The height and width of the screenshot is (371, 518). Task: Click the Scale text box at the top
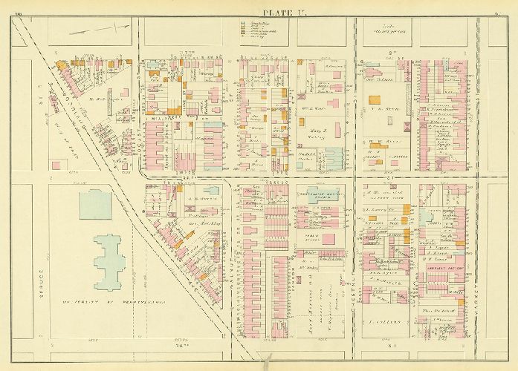click(x=382, y=29)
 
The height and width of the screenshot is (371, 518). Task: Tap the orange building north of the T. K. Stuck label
click(x=376, y=99)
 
